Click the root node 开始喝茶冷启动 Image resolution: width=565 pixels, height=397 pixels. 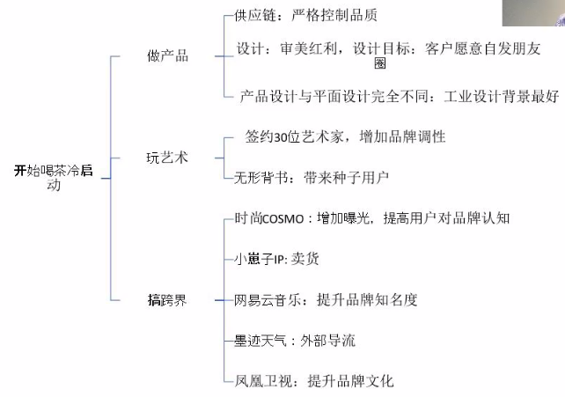(54, 177)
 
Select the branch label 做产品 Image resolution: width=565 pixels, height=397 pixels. (167, 56)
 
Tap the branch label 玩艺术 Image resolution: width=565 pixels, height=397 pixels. (167, 158)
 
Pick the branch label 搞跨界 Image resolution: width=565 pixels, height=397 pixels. (167, 300)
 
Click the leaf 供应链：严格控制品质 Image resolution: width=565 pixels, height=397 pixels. (305, 16)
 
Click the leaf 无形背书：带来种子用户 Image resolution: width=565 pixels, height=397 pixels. (312, 178)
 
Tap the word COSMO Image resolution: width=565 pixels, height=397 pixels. (283, 219)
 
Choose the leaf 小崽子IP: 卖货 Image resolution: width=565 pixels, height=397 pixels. (276, 259)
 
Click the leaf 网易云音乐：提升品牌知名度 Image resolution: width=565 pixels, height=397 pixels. (326, 300)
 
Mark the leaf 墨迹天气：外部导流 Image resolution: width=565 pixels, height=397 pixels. (295, 341)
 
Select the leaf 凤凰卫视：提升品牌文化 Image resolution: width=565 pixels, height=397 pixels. (314, 381)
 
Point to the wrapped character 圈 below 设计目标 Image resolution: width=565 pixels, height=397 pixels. (380, 63)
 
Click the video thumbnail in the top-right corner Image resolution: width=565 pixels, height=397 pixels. (533, 13)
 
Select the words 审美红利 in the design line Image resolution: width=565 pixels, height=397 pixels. (308, 48)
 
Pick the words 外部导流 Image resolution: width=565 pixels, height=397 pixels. (328, 341)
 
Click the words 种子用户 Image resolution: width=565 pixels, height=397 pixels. (360, 178)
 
